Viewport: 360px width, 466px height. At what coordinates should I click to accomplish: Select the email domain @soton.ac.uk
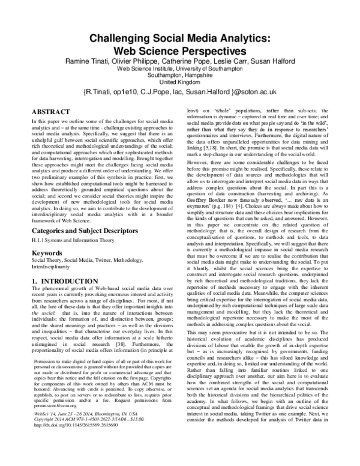pyautogui.click(x=255, y=93)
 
